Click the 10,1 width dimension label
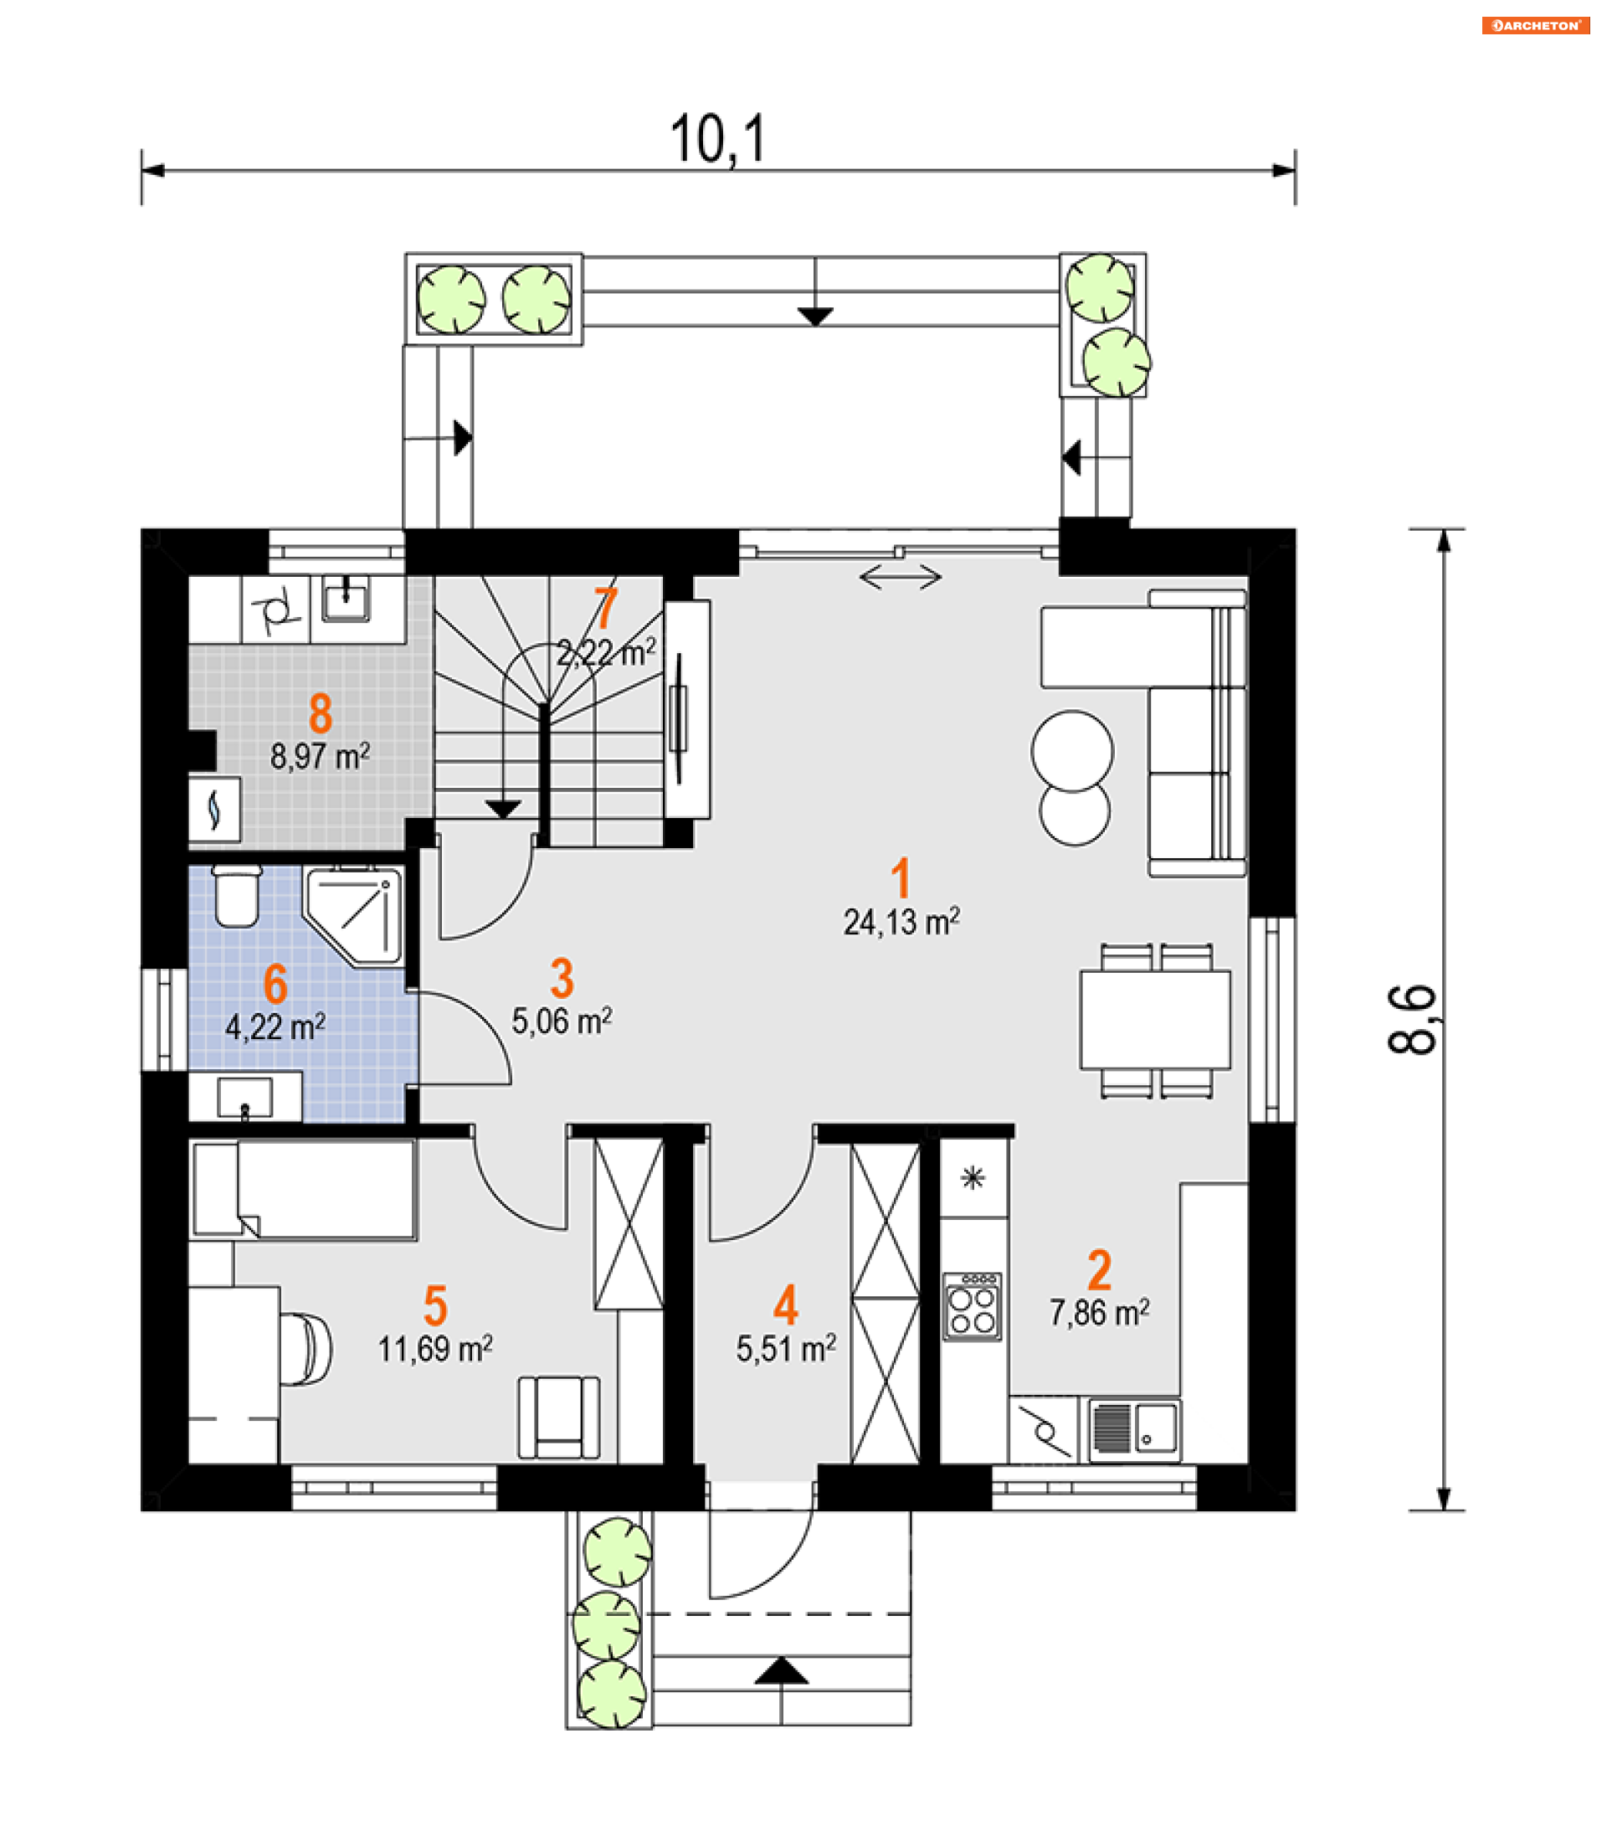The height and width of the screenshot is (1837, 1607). coord(718,140)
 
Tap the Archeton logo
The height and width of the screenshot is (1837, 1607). coord(1535,25)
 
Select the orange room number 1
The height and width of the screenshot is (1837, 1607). coord(901,877)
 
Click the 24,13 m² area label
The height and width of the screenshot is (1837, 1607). coord(901,922)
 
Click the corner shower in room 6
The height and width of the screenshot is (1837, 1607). coord(353,915)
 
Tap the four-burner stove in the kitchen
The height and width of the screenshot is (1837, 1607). coord(972,1307)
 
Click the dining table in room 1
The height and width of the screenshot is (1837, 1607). coord(1155,1020)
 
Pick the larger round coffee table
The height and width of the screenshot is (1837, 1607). coord(1072,752)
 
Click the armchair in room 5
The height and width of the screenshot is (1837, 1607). coord(559,1418)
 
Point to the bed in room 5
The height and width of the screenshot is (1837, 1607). coord(303,1191)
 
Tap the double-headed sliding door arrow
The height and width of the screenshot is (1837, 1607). coord(901,578)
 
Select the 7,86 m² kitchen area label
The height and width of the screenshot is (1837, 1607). coord(1100,1313)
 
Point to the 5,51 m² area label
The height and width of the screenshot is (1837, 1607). coord(787,1349)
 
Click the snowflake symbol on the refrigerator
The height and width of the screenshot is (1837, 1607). coord(973,1178)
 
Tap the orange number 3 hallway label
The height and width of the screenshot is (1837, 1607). coord(562,978)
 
